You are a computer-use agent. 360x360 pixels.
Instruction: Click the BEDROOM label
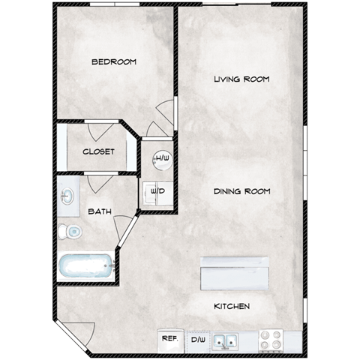click(x=113, y=61)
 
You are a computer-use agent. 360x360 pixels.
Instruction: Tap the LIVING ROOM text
click(x=241, y=79)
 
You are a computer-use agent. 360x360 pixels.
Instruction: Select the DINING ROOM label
click(x=241, y=191)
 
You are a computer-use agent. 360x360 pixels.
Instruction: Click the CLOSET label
click(x=98, y=151)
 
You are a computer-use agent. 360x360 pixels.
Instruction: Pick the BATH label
click(x=100, y=211)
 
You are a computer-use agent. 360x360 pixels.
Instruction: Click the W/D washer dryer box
click(x=158, y=191)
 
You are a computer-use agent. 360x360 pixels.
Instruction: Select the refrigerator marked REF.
click(x=170, y=339)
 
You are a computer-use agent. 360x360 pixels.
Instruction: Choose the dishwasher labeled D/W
click(x=198, y=340)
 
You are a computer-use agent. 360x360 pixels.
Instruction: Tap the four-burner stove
click(x=271, y=339)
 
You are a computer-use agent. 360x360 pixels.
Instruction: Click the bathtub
click(x=85, y=266)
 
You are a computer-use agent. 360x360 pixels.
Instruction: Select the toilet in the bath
click(x=72, y=232)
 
